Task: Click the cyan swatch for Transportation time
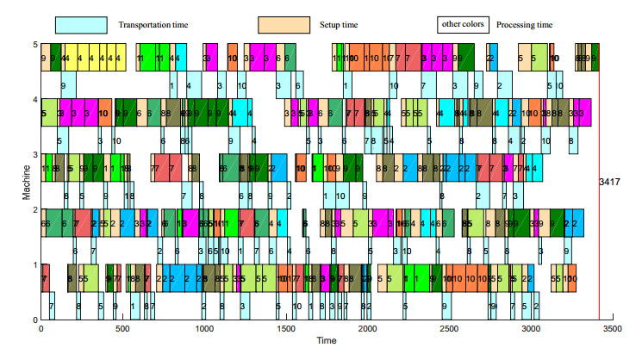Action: coord(81,25)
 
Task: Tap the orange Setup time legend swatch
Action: coord(284,25)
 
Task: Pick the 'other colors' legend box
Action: coord(463,24)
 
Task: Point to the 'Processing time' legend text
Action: coord(524,25)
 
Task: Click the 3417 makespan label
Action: coord(612,182)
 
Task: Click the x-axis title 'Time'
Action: coord(326,341)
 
